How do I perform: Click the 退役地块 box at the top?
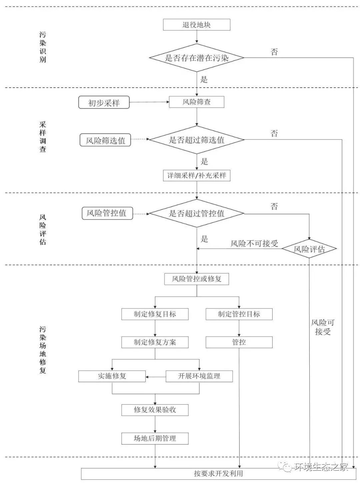(196, 25)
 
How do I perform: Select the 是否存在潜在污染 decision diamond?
(196, 58)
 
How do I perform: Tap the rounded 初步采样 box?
(104, 103)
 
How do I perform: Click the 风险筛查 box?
(196, 102)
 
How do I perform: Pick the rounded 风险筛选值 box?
(105, 140)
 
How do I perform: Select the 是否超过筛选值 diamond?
(196, 140)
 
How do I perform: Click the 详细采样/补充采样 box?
(196, 176)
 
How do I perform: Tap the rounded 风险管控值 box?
(107, 213)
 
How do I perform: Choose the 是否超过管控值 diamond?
(196, 213)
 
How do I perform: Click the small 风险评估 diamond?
(309, 249)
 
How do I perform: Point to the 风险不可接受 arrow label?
(254, 243)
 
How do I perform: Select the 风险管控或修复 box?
(196, 279)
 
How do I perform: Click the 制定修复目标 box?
(155, 314)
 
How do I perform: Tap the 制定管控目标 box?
(239, 314)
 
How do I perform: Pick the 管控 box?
(239, 342)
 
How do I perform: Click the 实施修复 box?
(112, 376)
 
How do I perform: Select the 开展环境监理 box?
(199, 376)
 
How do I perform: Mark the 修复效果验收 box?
(155, 410)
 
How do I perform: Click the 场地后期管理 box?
(155, 438)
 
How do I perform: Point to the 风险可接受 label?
(322, 327)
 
